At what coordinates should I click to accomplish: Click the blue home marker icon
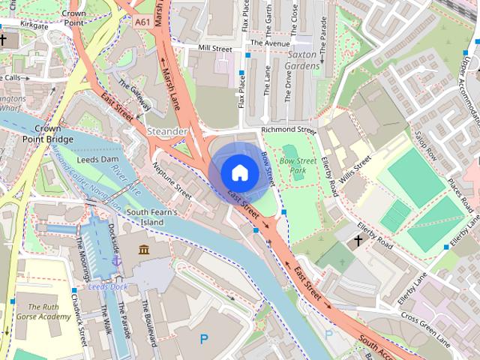pyautogui.click(x=239, y=172)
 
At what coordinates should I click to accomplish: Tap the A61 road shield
pyautogui.click(x=145, y=23)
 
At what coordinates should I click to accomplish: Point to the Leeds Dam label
pyautogui.click(x=99, y=160)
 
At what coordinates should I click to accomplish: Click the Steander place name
pyautogui.click(x=168, y=131)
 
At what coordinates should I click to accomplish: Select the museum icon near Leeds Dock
pyautogui.click(x=143, y=249)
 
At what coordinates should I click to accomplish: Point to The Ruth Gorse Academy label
pyautogui.click(x=44, y=311)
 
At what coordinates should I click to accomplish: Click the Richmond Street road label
pyautogui.click(x=289, y=130)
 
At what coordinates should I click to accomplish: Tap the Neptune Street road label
pyautogui.click(x=173, y=178)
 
